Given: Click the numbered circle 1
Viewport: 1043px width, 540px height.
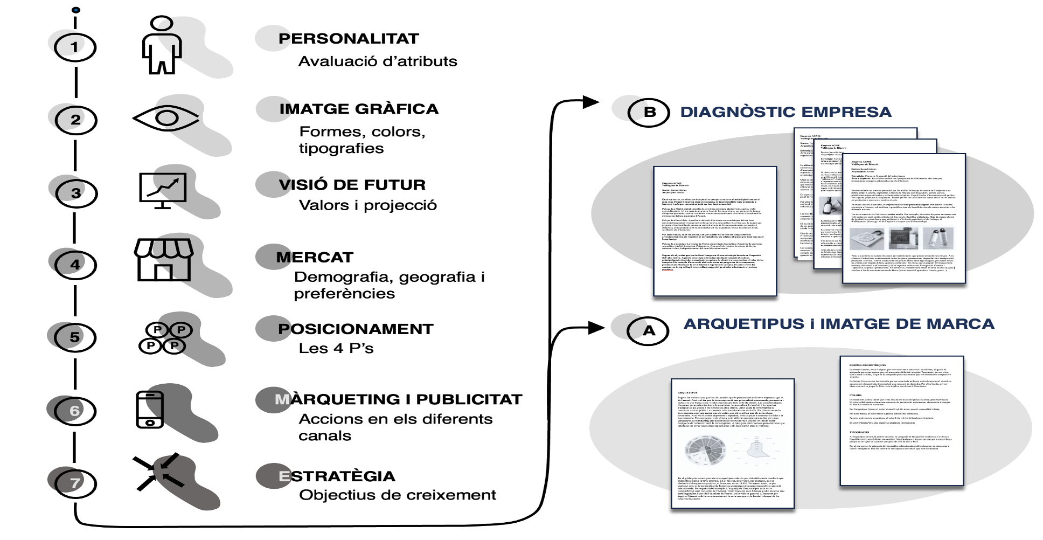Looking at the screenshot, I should pos(75,47).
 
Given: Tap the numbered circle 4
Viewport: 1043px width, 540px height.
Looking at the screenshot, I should pos(75,265).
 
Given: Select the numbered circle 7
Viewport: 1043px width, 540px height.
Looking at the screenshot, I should pos(75,483).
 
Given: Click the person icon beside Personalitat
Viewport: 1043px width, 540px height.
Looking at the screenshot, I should pos(162,45).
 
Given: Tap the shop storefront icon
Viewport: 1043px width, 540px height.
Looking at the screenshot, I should pos(164,260).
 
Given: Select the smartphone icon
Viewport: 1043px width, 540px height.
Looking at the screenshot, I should pos(150,410).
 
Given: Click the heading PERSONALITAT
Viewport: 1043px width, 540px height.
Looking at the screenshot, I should pos(349,39).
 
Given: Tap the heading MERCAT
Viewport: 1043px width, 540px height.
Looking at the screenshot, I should pos(315,258).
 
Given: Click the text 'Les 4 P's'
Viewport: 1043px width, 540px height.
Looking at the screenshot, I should pos(336,349).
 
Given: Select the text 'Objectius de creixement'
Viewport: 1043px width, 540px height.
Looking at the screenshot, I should pos(398,495).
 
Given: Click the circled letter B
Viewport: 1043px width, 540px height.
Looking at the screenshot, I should pos(649,112).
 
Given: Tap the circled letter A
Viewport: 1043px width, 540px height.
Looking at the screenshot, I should pos(648,330).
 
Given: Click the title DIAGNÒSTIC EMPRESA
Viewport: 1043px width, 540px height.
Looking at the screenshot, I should pos(785,112).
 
